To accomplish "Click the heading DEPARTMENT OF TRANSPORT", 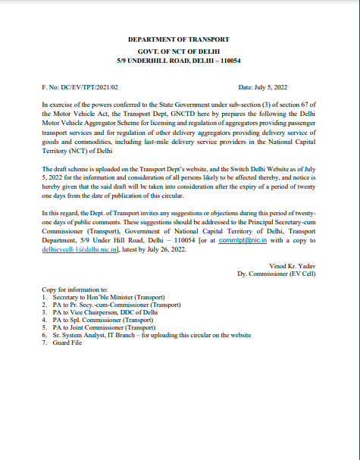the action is click(x=179, y=39).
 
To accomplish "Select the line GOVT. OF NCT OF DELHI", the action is click(x=179, y=49).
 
